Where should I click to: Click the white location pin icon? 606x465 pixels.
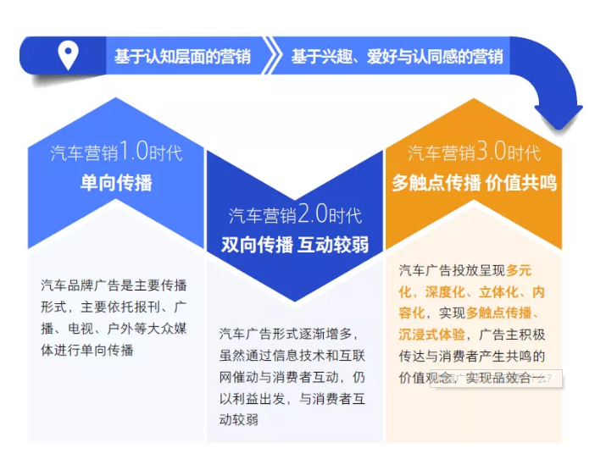point(68,56)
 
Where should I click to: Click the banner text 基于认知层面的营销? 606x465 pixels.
point(182,57)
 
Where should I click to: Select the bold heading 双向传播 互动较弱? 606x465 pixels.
point(295,245)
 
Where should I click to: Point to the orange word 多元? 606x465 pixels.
point(519,271)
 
